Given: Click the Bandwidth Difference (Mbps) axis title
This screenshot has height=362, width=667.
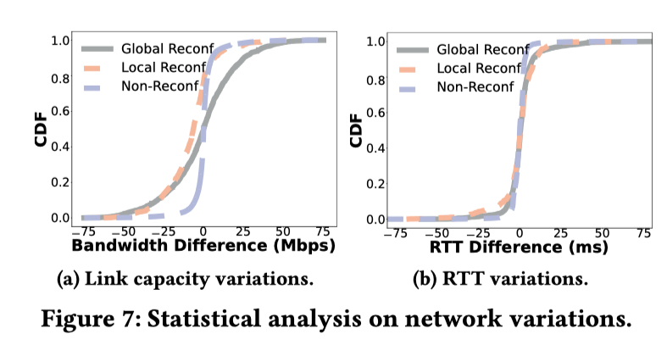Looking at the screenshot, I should [x=203, y=247].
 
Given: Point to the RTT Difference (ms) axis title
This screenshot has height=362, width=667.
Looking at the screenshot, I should [x=520, y=247].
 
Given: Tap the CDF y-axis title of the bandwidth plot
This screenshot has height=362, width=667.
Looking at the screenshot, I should [x=40, y=129].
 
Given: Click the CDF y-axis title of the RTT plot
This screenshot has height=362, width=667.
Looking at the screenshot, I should [x=357, y=129].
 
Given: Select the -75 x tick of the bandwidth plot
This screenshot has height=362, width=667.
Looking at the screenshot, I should [x=83, y=231].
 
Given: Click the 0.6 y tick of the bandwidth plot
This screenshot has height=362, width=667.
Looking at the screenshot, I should [x=59, y=111].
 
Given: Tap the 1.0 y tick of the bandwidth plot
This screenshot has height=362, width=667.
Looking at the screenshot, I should [x=59, y=40].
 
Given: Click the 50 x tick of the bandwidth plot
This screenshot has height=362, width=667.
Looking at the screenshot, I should [x=282, y=231].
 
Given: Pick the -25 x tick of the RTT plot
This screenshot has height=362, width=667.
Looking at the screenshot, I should [x=479, y=231].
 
